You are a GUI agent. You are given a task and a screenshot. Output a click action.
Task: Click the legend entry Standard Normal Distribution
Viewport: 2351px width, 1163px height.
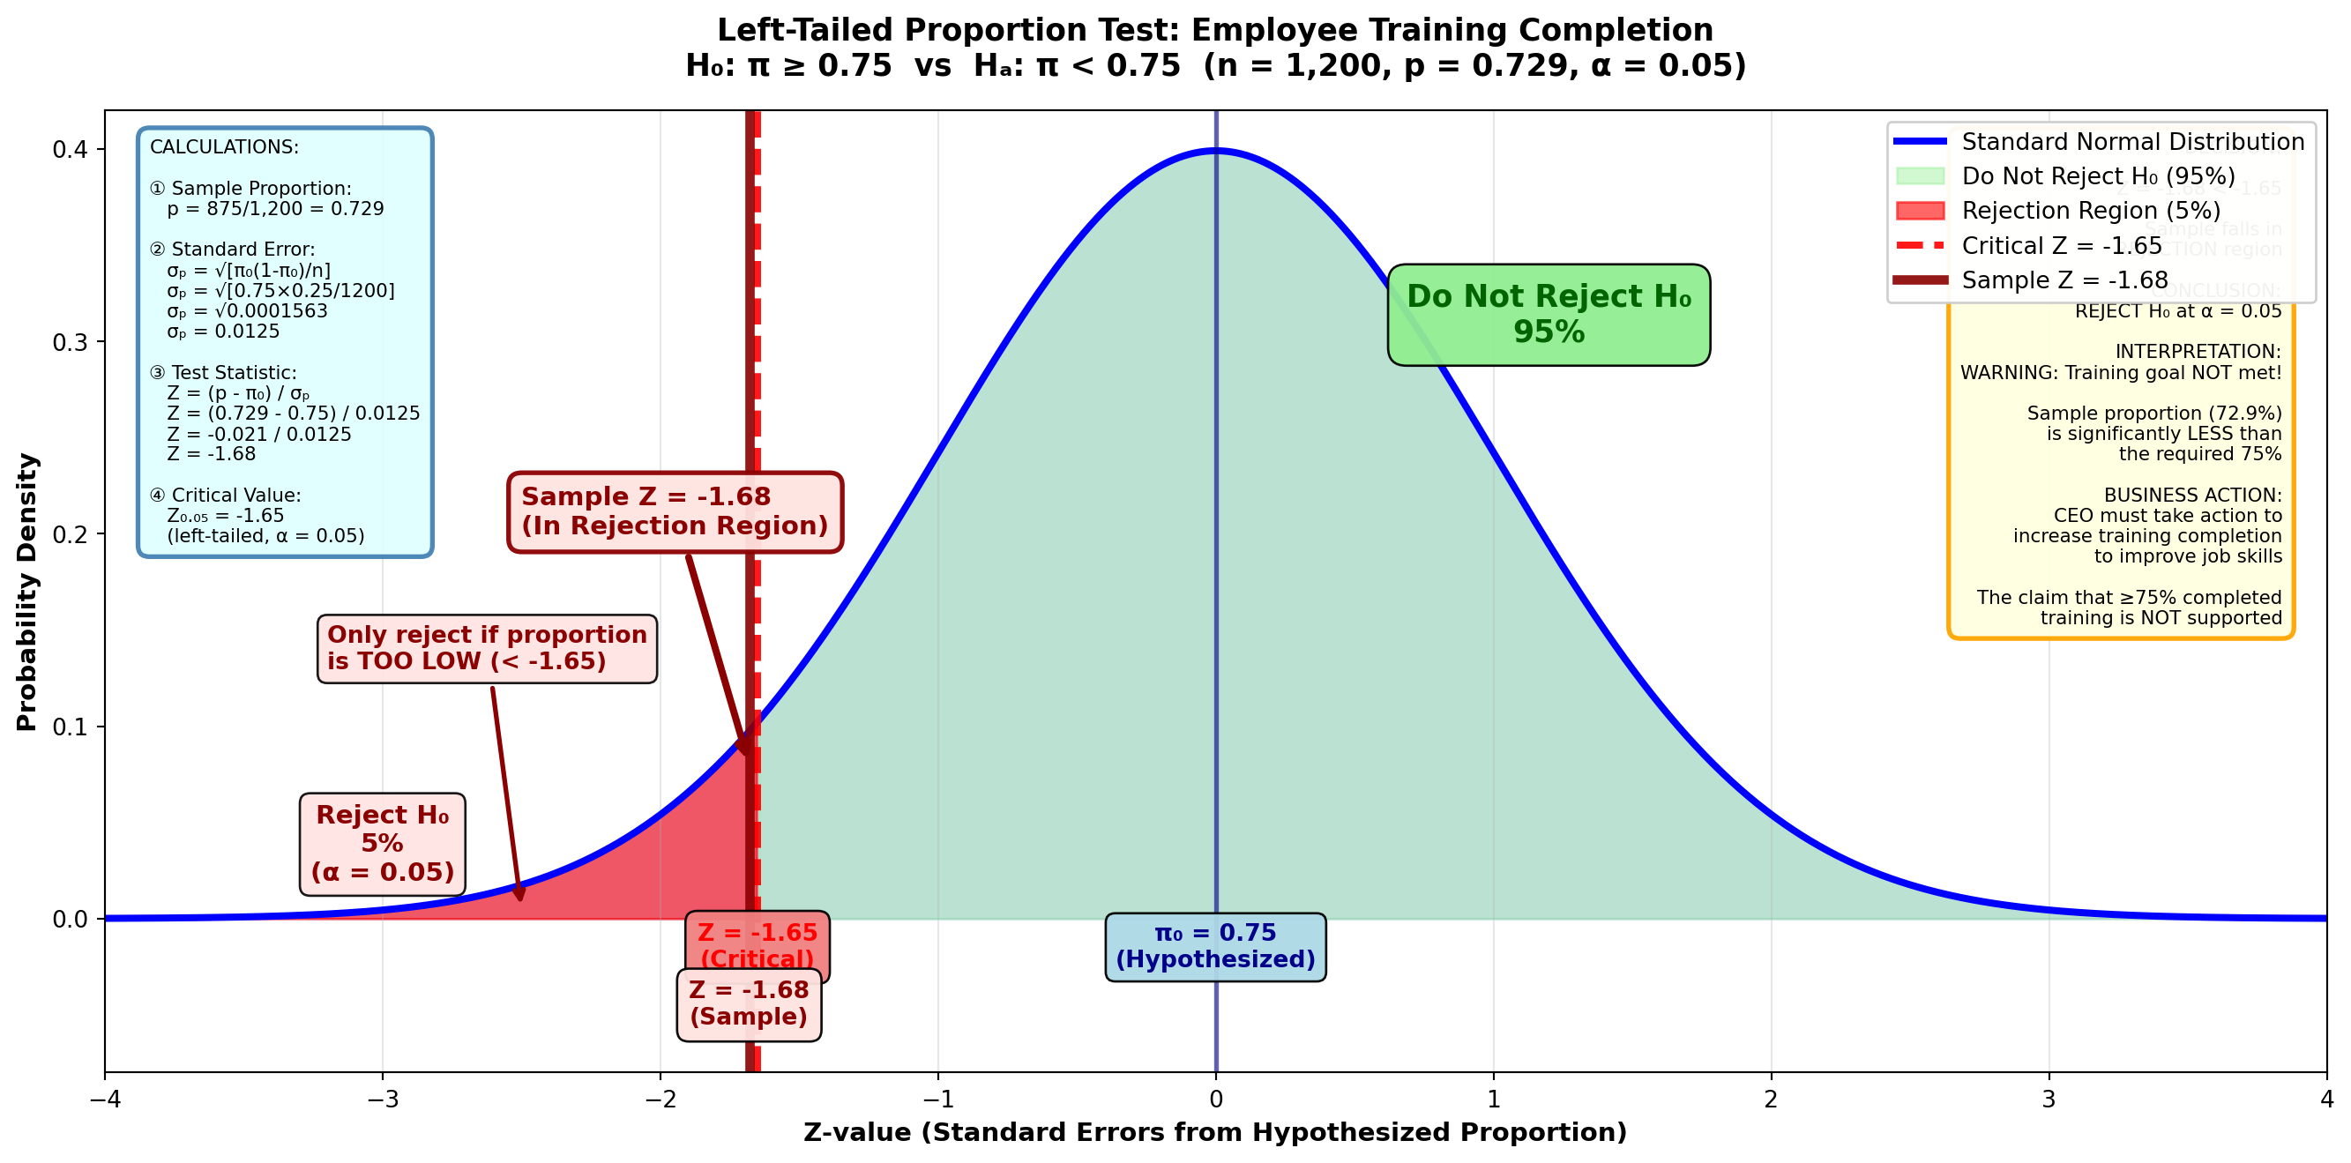pyautogui.click(x=2132, y=143)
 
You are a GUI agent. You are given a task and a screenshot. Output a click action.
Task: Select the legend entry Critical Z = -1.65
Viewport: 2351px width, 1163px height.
pyautogui.click(x=2062, y=246)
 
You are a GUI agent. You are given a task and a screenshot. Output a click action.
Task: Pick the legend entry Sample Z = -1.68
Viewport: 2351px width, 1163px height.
pyautogui.click(x=2064, y=280)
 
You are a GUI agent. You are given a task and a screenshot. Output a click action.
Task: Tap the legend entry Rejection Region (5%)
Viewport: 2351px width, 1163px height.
pyautogui.click(x=2091, y=211)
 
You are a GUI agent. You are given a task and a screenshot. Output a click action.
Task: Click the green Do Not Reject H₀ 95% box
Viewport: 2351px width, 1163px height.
pyautogui.click(x=1548, y=314)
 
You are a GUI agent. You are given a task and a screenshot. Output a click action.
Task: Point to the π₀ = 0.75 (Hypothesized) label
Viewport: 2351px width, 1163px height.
pyautogui.click(x=1215, y=947)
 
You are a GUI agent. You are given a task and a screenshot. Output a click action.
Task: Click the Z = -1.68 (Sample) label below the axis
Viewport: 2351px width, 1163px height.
pyautogui.click(x=749, y=1003)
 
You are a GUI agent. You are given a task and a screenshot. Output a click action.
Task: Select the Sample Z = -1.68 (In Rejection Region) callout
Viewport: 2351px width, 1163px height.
pyautogui.click(x=675, y=511)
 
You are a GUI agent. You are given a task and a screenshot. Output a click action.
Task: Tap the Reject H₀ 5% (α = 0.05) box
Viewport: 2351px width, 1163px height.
pyautogui.click(x=383, y=844)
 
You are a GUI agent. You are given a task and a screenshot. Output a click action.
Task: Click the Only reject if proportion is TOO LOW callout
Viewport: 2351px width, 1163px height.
pyautogui.click(x=487, y=648)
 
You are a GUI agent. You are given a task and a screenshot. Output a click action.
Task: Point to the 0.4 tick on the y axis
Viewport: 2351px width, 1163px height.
pyautogui.click(x=70, y=150)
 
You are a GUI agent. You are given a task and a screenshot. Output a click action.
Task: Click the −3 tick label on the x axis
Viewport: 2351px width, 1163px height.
pyautogui.click(x=383, y=1100)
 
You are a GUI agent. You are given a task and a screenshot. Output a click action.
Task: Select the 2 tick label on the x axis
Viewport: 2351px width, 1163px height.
pyautogui.click(x=1771, y=1100)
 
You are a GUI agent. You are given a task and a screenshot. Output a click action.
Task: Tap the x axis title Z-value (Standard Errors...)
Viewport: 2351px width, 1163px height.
pyautogui.click(x=1215, y=1133)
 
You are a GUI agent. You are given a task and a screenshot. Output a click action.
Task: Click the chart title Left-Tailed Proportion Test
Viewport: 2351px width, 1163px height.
pyautogui.click(x=1215, y=31)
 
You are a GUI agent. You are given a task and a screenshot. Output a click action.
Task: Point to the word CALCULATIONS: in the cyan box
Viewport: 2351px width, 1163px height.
pyautogui.click(x=224, y=148)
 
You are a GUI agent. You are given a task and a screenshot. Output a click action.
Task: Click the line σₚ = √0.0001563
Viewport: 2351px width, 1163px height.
pyautogui.click(x=246, y=311)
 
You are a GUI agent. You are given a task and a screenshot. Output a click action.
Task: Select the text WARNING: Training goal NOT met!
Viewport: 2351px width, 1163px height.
pyautogui.click(x=2120, y=372)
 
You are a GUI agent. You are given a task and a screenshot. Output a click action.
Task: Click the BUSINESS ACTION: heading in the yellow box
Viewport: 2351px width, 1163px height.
pyautogui.click(x=2192, y=496)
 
